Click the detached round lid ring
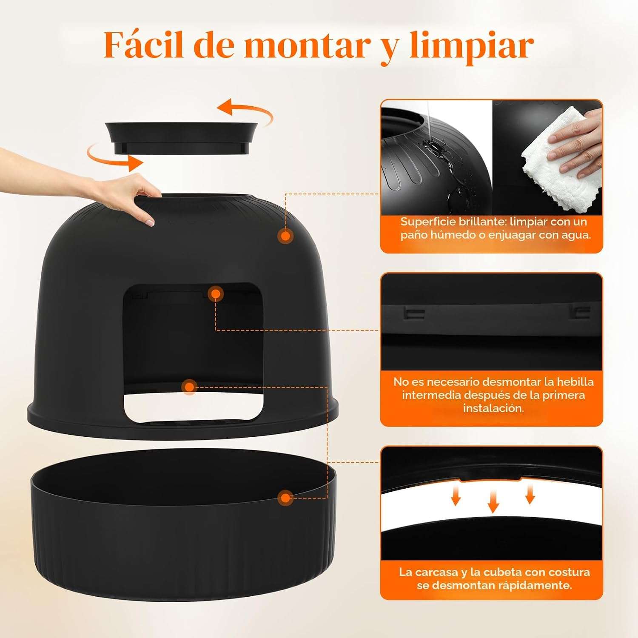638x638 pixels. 181,137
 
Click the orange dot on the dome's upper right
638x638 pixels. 286,236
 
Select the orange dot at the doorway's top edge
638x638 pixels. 216,293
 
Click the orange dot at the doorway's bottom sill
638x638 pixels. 189,387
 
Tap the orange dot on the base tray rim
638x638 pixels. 286,498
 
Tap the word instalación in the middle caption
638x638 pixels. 493,408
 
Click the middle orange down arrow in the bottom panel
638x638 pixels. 493,501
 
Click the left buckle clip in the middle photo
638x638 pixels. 413,314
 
